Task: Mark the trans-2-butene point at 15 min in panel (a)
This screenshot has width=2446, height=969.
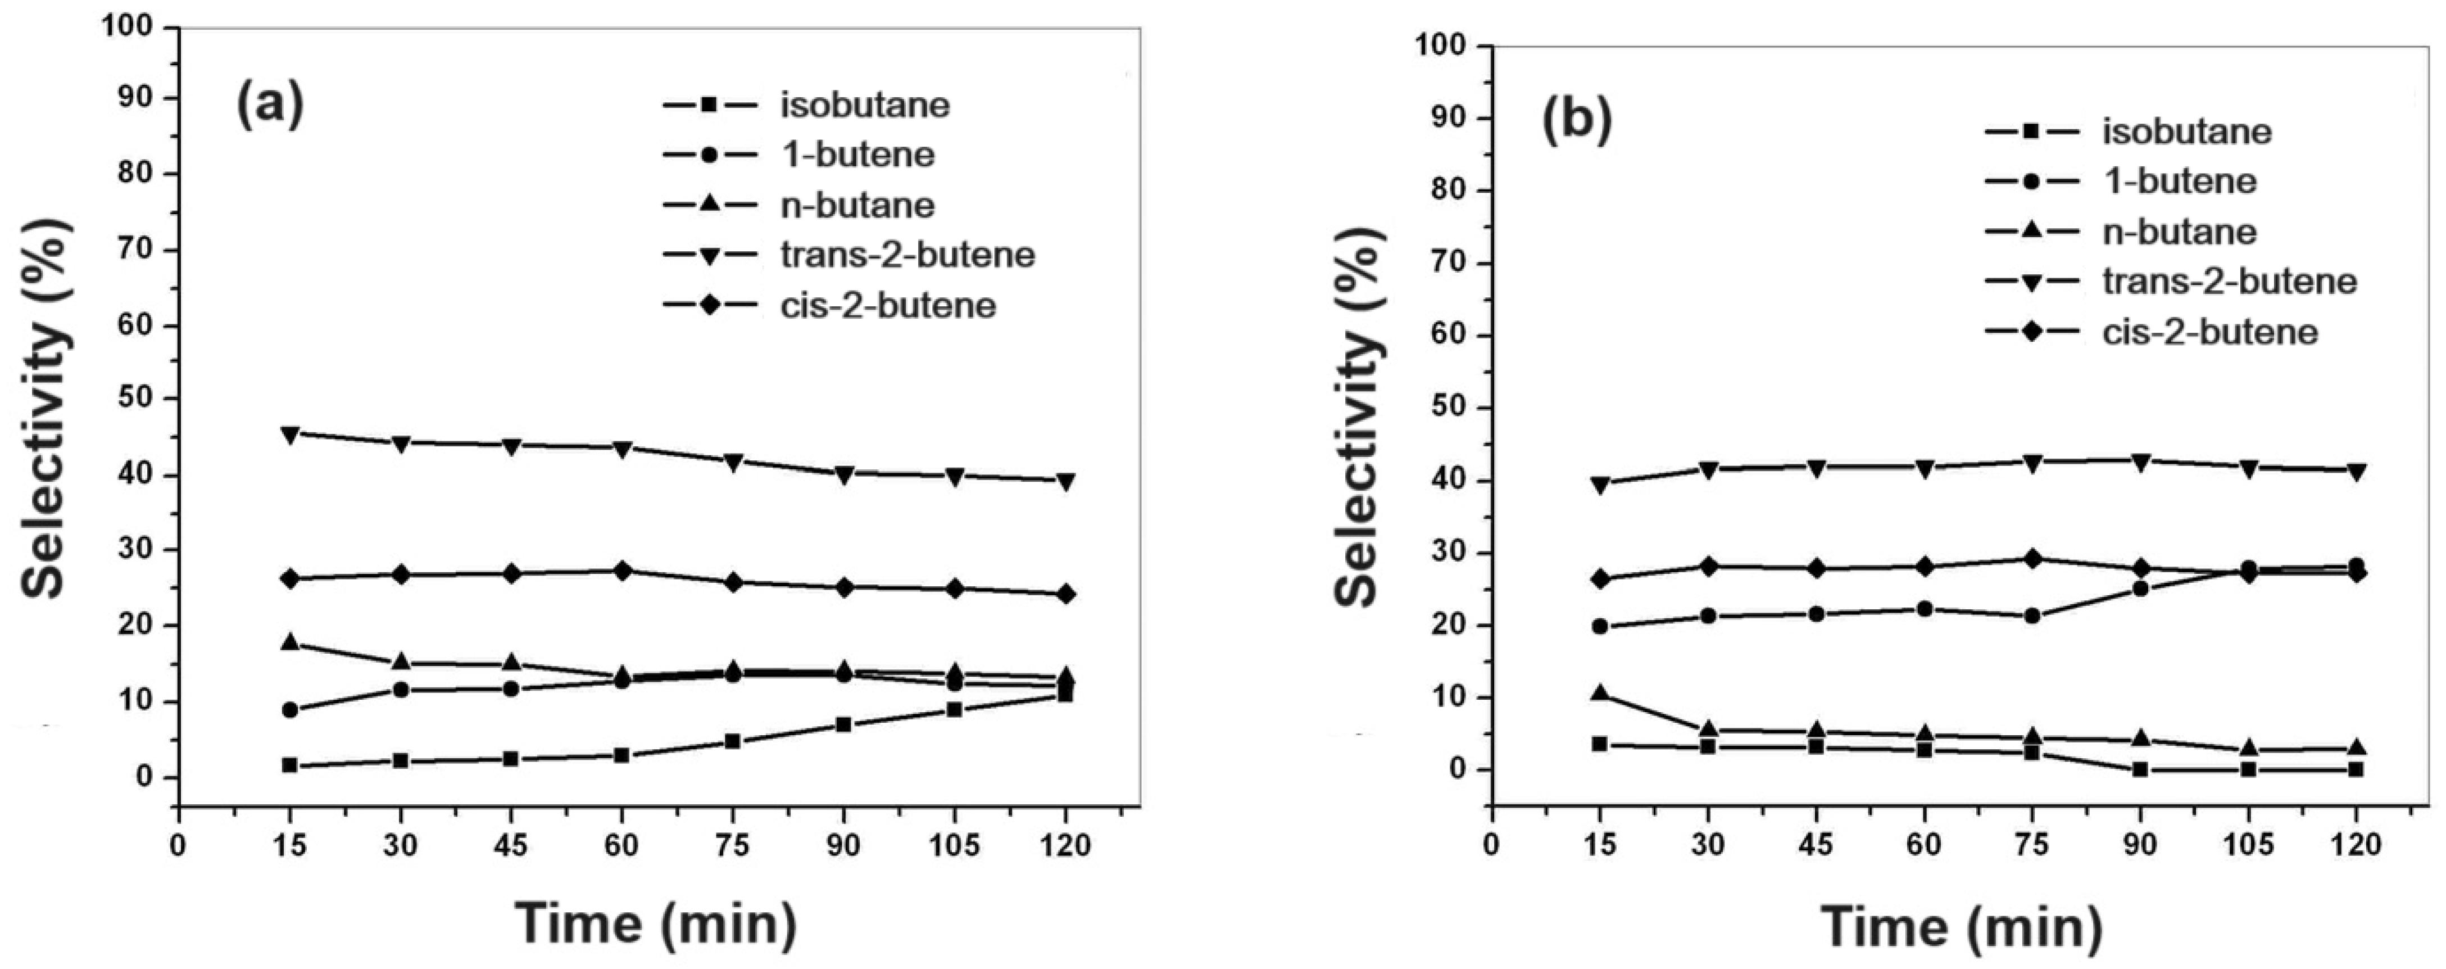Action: coord(289,434)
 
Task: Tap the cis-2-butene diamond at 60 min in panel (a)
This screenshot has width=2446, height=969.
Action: coord(622,570)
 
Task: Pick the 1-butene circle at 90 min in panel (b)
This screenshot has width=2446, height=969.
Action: coord(2140,588)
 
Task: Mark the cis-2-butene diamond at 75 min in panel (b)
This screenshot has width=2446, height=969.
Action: coord(2032,559)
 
